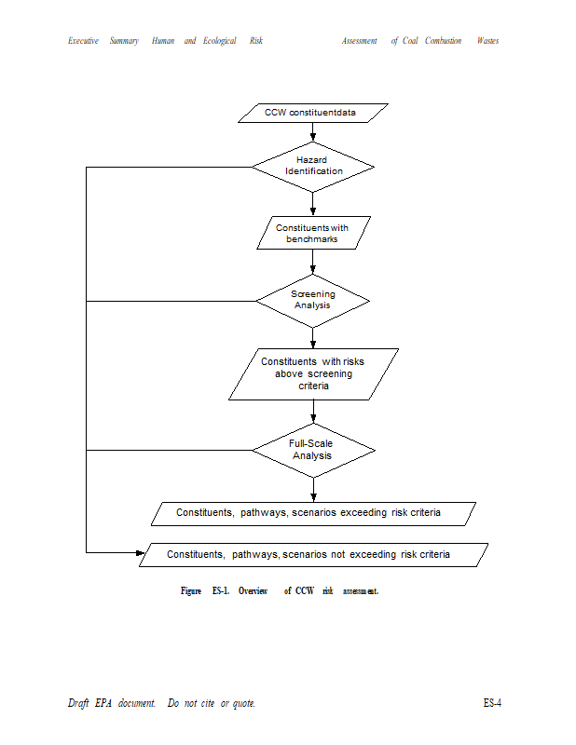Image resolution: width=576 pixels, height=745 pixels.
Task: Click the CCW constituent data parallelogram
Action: point(313,113)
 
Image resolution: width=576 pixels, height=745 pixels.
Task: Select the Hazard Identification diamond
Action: point(313,167)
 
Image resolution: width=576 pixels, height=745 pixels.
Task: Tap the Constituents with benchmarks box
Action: point(313,233)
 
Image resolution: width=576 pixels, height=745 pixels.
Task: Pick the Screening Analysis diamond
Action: point(313,301)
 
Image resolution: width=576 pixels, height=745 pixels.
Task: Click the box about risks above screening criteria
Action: point(313,374)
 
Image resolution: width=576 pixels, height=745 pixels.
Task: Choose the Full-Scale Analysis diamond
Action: point(313,451)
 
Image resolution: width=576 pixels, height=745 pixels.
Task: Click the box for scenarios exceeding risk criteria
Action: point(313,514)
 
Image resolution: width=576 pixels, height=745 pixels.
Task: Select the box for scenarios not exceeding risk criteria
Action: point(313,555)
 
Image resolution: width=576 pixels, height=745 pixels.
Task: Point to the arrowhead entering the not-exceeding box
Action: point(141,552)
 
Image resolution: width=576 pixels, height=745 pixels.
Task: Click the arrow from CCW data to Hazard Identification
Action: point(313,132)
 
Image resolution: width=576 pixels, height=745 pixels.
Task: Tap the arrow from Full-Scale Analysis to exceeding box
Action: point(313,490)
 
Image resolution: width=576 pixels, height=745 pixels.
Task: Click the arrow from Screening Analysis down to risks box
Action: point(313,338)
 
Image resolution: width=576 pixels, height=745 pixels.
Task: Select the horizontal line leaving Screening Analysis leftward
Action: point(171,301)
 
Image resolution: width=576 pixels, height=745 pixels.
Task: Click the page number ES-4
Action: point(492,703)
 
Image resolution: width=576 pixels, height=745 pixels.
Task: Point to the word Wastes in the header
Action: point(488,41)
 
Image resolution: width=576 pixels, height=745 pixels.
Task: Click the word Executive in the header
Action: point(83,41)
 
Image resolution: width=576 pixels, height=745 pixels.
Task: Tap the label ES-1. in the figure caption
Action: point(221,590)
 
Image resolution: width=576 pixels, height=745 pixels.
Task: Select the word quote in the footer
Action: point(244,704)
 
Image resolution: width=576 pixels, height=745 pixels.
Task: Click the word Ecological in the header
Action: point(220,41)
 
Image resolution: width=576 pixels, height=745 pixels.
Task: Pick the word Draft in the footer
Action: point(78,703)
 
